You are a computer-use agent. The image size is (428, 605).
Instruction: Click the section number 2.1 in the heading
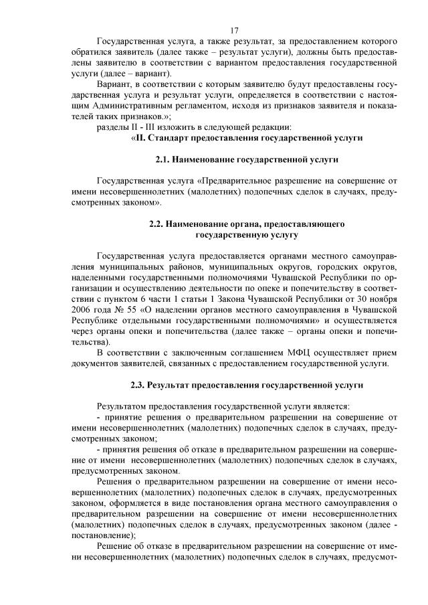[163, 161]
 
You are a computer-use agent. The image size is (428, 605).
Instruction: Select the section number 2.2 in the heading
[156, 224]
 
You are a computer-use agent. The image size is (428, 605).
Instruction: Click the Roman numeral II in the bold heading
[142, 138]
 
